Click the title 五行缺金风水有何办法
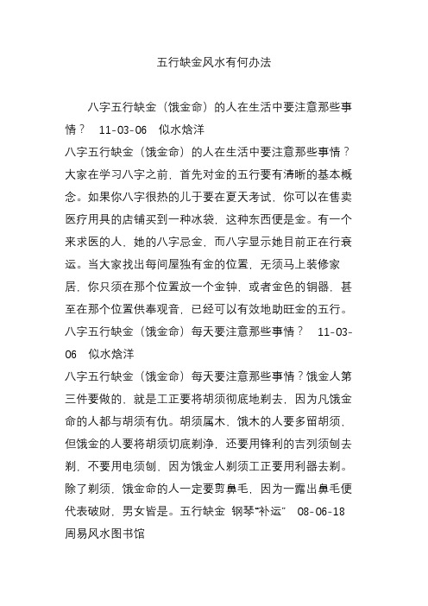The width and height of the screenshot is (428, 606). [213, 63]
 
